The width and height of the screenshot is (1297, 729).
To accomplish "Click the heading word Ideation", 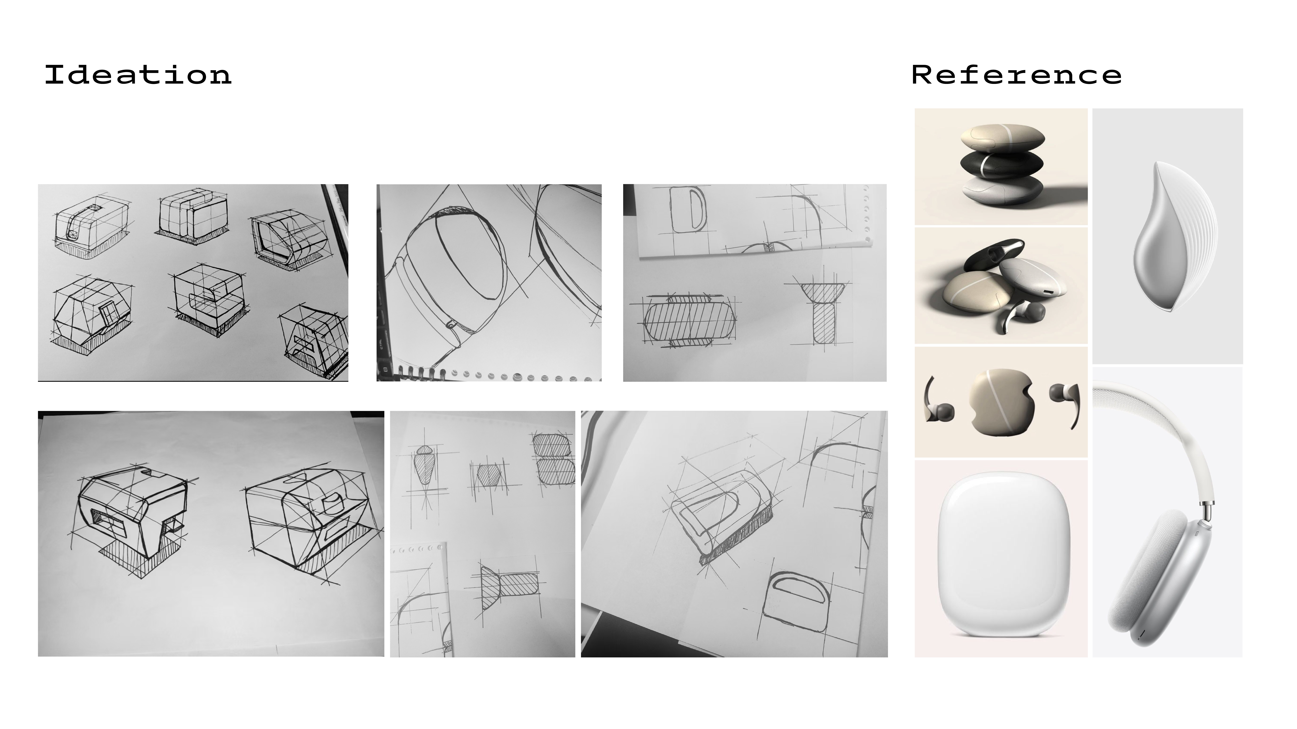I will coord(138,75).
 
